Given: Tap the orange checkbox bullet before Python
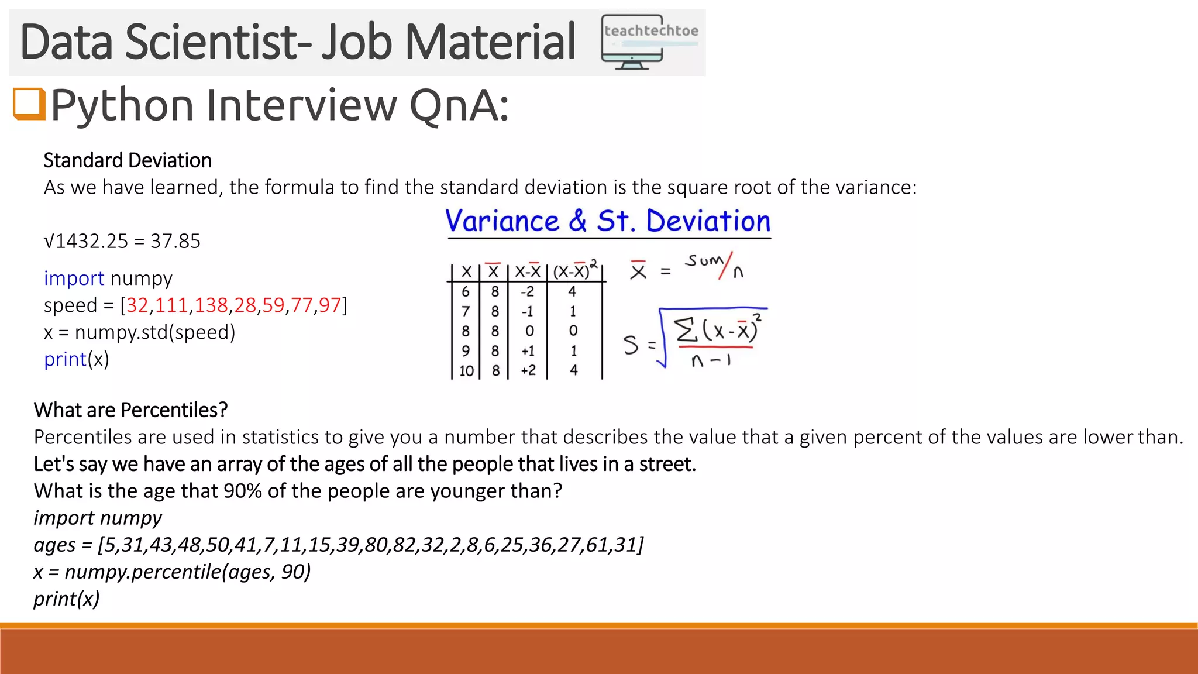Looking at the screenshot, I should point(29,104).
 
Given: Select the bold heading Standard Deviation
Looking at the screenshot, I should point(128,160).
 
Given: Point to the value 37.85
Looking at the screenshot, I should point(175,241).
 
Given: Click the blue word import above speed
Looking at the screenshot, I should point(74,278).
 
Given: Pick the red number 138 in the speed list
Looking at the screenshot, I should point(211,305).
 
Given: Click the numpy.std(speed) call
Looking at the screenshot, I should point(155,332).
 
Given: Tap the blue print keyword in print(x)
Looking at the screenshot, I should point(65,359).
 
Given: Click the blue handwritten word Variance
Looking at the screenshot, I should point(502,221).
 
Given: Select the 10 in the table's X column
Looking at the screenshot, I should point(466,371).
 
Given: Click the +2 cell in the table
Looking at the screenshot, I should point(528,370).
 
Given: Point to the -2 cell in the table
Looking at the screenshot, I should point(528,291).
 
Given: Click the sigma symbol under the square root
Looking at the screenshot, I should point(686,330).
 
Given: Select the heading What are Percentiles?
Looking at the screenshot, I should point(130,410).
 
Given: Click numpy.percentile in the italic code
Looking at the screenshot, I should point(143,572).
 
